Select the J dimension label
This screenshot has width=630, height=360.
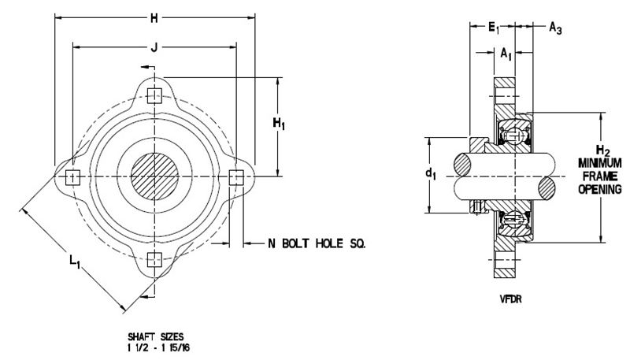154,45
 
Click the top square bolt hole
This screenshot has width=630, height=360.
155,96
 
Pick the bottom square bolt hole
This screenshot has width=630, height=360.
155,260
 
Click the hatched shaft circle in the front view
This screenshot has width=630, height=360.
155,178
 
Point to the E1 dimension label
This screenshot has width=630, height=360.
494,28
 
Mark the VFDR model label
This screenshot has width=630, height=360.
506,300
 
